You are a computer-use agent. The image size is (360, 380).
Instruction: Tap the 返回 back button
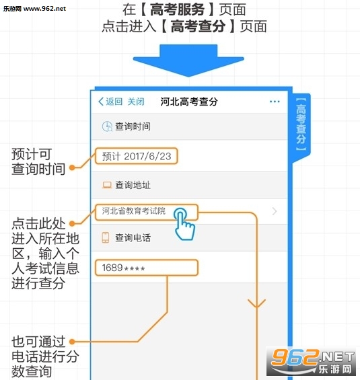point(110,102)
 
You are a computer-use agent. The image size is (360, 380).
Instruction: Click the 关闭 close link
point(136,102)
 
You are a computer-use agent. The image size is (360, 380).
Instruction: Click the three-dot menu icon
point(275,102)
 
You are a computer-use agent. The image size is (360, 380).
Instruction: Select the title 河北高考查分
point(189,102)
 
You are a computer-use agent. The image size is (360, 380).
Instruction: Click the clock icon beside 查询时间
point(107,126)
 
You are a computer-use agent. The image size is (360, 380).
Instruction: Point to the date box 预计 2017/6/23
point(136,156)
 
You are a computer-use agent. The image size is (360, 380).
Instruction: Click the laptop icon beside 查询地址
point(107,185)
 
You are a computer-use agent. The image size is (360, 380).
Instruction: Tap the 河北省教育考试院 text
point(134,211)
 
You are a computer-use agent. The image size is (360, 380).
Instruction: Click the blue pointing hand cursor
point(184,224)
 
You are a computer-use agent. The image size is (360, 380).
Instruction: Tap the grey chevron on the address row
point(275,211)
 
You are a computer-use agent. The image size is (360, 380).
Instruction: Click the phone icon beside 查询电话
point(106,237)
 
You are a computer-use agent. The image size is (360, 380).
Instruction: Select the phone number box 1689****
point(147,268)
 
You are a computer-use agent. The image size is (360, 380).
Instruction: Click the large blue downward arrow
point(188,61)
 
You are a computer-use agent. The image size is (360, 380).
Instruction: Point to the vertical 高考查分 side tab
point(301,124)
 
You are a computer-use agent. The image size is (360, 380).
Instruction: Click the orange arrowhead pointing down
point(257,303)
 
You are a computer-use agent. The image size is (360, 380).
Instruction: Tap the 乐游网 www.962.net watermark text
point(34,9)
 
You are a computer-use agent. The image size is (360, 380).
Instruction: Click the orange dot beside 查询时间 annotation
point(72,167)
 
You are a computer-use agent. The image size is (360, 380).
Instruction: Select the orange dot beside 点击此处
point(72,223)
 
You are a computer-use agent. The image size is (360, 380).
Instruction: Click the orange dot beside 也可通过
point(72,342)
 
